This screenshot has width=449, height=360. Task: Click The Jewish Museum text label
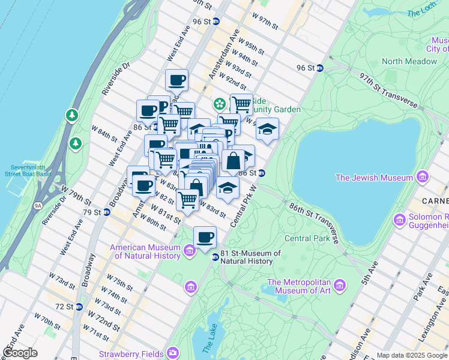(x=374, y=178)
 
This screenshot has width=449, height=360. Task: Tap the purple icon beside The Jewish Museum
(x=423, y=177)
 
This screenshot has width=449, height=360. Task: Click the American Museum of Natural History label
(x=145, y=252)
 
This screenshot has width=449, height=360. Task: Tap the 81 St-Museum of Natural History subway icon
(x=215, y=257)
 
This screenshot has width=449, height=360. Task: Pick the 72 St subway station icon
(x=79, y=307)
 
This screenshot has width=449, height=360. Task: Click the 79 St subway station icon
(x=106, y=212)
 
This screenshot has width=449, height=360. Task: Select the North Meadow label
(x=409, y=61)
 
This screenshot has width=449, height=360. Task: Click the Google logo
(x=20, y=353)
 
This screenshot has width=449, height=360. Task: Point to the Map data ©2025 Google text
(x=412, y=355)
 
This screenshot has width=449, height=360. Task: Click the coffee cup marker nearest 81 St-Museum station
(x=205, y=237)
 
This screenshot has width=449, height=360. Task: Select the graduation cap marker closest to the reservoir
(x=268, y=129)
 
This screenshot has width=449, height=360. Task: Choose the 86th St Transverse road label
(x=313, y=222)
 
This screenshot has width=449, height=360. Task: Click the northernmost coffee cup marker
(x=176, y=80)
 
